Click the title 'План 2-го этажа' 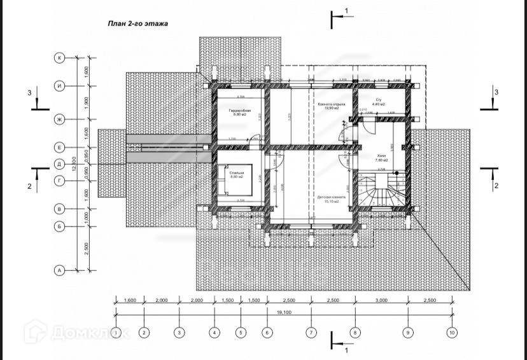[x=137, y=24]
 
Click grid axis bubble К [x=59, y=58]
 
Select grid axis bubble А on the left [x=59, y=270]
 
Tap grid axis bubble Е [x=59, y=148]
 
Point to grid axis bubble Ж [x=59, y=119]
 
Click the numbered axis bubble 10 [x=452, y=332]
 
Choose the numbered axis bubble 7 [x=311, y=332]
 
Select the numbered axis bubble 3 [x=179, y=332]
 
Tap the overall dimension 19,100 [x=284, y=312]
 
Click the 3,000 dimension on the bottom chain [x=381, y=300]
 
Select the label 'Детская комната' [x=331, y=197]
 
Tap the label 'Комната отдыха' [x=331, y=104]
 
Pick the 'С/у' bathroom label [x=378, y=100]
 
